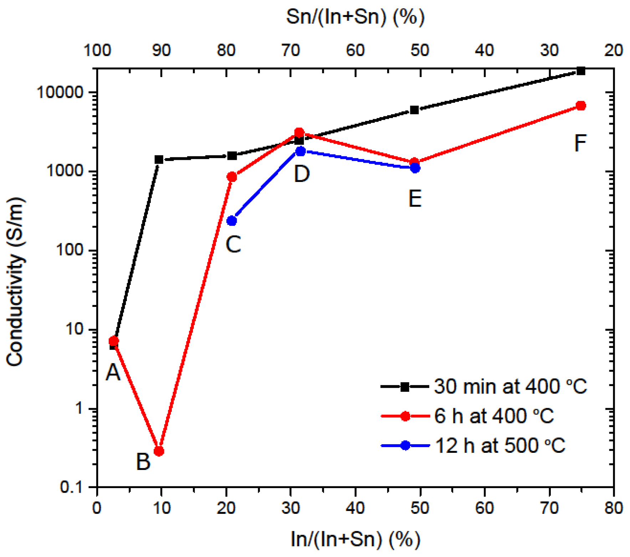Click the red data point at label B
coord(159,451)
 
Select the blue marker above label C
coord(232,221)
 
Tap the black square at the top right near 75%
coord(581,71)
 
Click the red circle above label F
coord(581,106)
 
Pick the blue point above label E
coord(415,168)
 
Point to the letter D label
coord(302,174)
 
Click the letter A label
coord(113,372)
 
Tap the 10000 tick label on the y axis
coord(60,93)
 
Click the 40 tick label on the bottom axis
coord(355,508)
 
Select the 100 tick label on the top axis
coord(97,50)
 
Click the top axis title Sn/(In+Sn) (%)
coord(355,16)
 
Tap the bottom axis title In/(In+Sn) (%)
coord(355,539)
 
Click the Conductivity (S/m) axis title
coord(15,282)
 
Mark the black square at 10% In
coord(159,159)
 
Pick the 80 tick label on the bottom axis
coord(614,508)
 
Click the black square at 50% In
coord(414,110)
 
